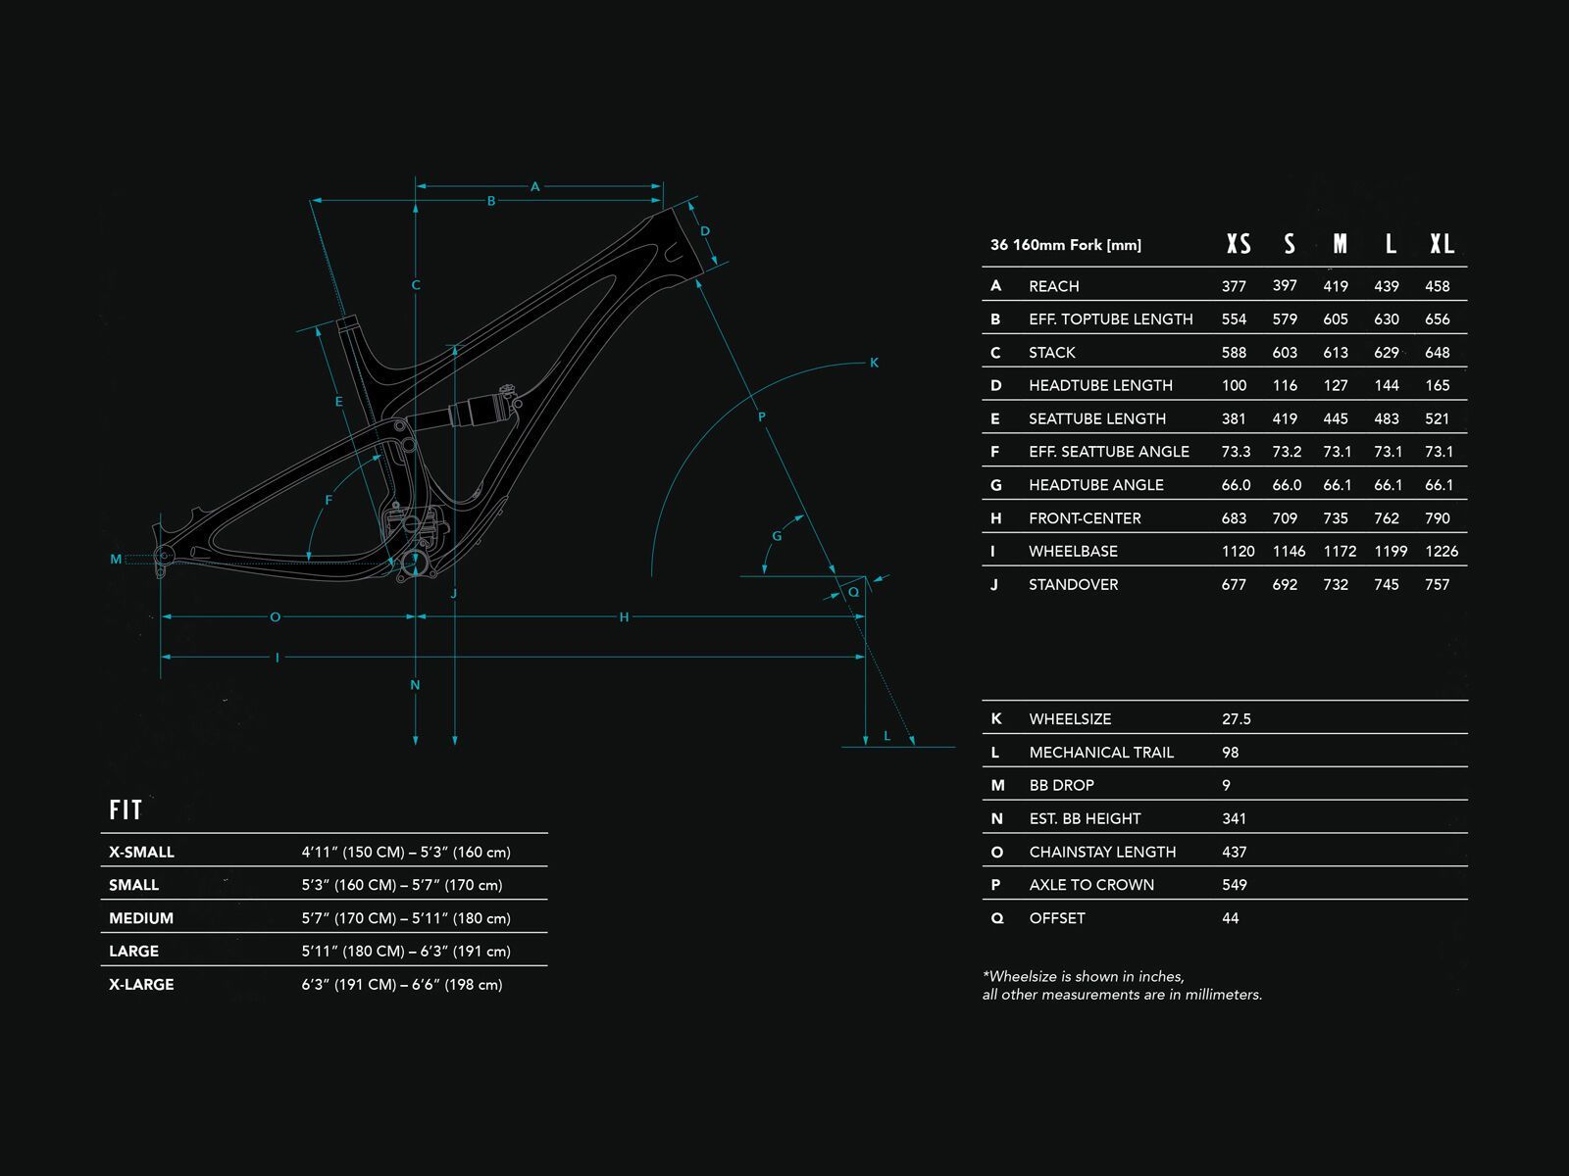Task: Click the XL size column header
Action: tap(1442, 244)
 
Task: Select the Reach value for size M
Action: tap(1336, 286)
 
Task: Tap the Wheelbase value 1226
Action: tap(1442, 551)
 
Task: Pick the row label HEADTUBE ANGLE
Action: tap(1095, 485)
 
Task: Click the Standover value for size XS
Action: tap(1234, 584)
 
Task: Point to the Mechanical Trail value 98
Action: tap(1231, 752)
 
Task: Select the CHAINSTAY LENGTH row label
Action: tap(1102, 852)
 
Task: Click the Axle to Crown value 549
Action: tap(1235, 885)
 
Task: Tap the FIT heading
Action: tap(126, 809)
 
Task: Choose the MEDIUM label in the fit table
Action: tap(141, 918)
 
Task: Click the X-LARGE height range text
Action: tap(402, 984)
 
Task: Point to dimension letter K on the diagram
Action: tap(874, 363)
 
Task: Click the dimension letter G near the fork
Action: tap(778, 536)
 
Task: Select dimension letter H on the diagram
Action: tap(624, 617)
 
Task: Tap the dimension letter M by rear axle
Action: tap(116, 560)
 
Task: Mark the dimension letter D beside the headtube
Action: tap(705, 231)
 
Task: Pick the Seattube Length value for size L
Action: tap(1387, 418)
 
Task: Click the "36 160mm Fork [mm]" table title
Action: tap(1066, 245)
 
